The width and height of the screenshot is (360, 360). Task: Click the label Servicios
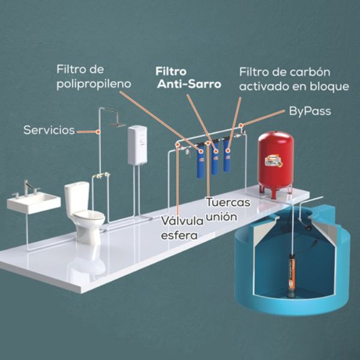point(49,130)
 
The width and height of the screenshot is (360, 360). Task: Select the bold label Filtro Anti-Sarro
point(188,77)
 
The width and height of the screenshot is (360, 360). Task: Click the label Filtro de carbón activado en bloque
point(293,79)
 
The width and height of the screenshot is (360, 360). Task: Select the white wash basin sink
point(34,202)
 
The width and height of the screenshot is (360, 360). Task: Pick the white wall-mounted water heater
point(137,144)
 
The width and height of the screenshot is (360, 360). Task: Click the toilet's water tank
point(77,196)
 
